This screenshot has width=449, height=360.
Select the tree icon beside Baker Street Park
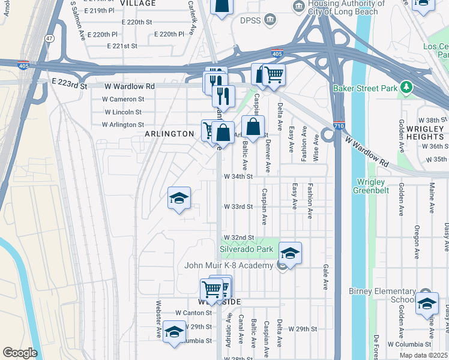(x=408, y=88)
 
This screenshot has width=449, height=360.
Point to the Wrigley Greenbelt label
(x=373, y=186)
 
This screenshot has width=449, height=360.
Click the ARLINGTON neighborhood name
(x=170, y=134)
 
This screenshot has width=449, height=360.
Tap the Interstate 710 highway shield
(x=339, y=127)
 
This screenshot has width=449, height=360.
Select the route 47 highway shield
(x=49, y=38)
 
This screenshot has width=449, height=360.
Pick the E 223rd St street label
(x=69, y=86)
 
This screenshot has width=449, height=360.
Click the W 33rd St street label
(x=238, y=206)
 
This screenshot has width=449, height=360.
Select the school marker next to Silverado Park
(x=289, y=253)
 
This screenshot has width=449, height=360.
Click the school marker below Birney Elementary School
(x=426, y=303)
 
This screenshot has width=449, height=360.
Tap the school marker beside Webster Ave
(x=174, y=332)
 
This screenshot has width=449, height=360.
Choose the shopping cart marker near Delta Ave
(x=274, y=75)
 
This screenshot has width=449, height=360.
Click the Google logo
(x=20, y=353)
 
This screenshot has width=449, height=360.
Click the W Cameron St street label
(x=123, y=99)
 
